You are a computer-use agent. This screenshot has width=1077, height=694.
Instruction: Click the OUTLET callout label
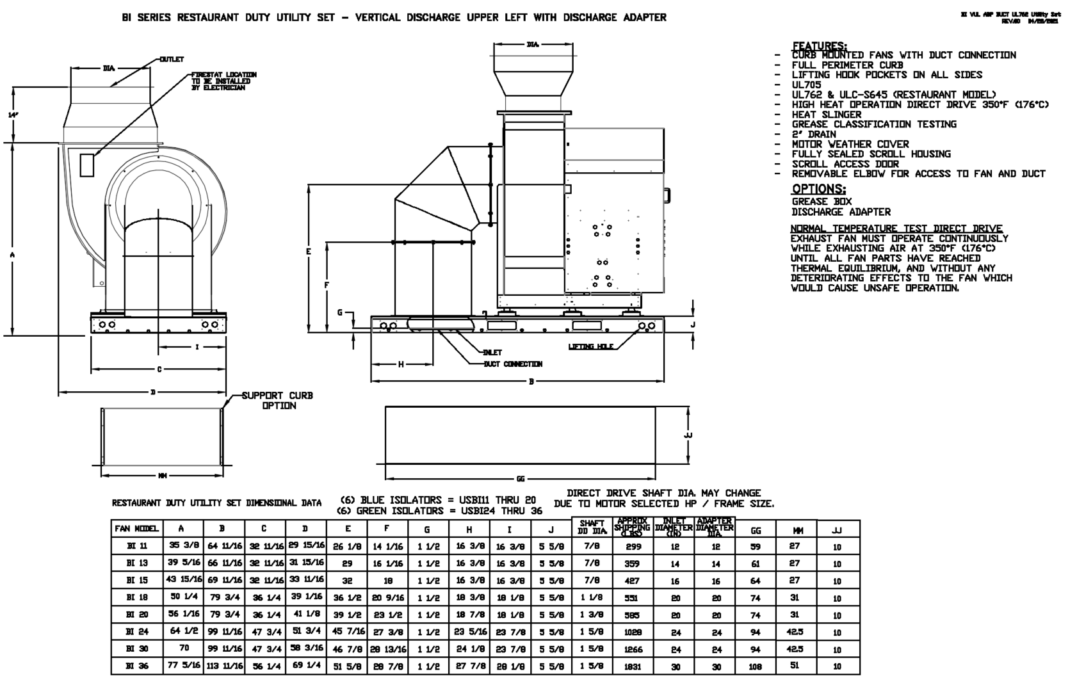click(172, 60)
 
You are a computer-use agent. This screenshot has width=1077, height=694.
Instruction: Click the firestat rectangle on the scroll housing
click(87, 165)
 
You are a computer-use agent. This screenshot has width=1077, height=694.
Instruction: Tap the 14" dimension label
click(13, 115)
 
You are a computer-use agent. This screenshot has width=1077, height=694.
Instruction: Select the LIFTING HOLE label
click(591, 346)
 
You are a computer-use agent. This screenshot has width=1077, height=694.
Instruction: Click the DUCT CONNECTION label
click(513, 364)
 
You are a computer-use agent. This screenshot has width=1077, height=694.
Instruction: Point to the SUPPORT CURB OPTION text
click(277, 401)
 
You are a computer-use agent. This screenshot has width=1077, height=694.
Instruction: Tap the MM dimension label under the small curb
click(163, 476)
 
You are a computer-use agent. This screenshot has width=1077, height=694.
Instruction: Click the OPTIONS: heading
click(818, 189)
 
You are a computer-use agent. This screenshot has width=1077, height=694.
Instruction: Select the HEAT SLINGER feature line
click(826, 115)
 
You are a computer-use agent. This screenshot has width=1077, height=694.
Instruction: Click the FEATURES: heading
click(819, 45)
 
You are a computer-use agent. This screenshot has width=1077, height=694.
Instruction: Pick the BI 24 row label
click(137, 631)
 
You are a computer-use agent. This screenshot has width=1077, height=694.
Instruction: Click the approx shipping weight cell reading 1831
click(632, 666)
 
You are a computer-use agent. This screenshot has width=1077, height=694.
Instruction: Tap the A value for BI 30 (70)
click(184, 648)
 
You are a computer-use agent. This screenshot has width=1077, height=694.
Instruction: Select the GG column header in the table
click(756, 530)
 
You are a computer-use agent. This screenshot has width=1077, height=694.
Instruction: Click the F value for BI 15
click(388, 581)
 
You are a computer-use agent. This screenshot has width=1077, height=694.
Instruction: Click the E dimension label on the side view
click(309, 252)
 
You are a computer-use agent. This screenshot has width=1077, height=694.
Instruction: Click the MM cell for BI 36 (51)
click(795, 666)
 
